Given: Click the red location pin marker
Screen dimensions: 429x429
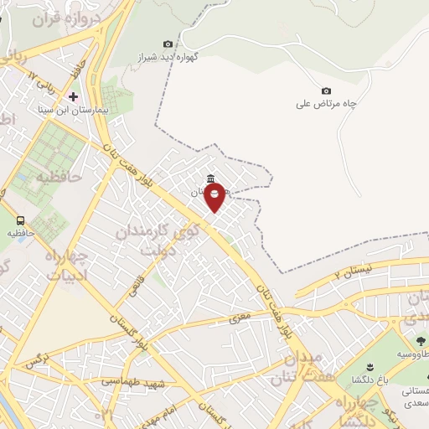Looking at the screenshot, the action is coord(214,197).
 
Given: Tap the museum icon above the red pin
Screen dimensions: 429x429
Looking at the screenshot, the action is coord(209,178).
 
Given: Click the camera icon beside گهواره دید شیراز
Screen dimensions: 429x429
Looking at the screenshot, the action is coord(168,44).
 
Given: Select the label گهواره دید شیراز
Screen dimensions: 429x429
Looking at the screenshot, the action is coord(158,59).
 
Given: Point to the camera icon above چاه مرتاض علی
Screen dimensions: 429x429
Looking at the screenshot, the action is coord(326,90).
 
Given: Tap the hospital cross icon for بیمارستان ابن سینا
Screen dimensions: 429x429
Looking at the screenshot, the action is coord(73,96).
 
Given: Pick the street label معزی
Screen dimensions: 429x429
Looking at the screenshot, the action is coord(240,319).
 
